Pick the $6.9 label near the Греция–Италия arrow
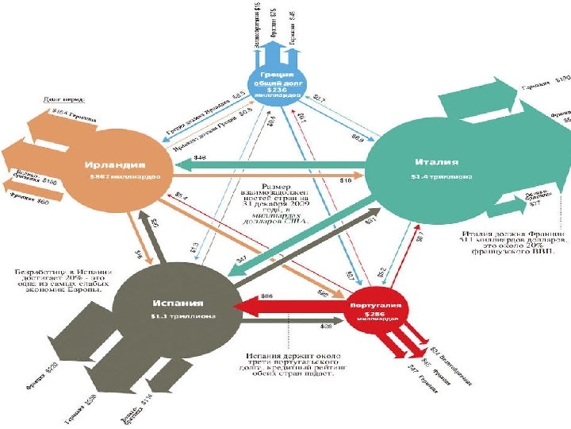point(358,140)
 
